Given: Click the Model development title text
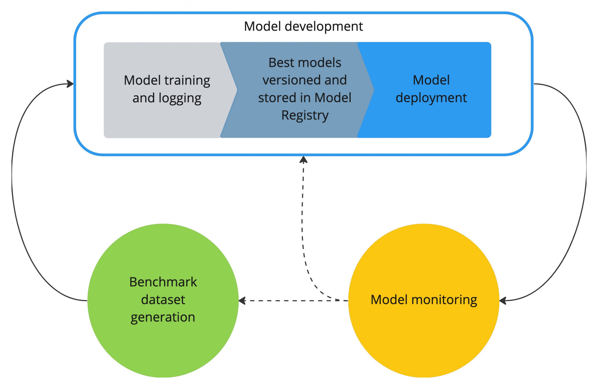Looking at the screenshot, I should tap(303, 26).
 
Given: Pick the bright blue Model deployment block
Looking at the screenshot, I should tap(431, 121).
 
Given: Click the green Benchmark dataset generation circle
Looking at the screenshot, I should tap(163, 347).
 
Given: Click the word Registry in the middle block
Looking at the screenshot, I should tap(305, 115).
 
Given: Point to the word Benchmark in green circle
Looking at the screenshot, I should tap(163, 282).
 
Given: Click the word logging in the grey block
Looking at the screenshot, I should tap(180, 98).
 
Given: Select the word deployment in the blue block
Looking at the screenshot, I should tap(431, 98).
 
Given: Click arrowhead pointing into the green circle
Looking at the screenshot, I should tap(242, 300).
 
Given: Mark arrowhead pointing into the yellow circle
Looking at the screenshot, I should tap(503, 300).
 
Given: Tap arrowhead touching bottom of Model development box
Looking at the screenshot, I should tap(303, 160).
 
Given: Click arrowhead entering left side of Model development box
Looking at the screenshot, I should tap(70, 84).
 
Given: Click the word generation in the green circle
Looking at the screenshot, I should tap(163, 317).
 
